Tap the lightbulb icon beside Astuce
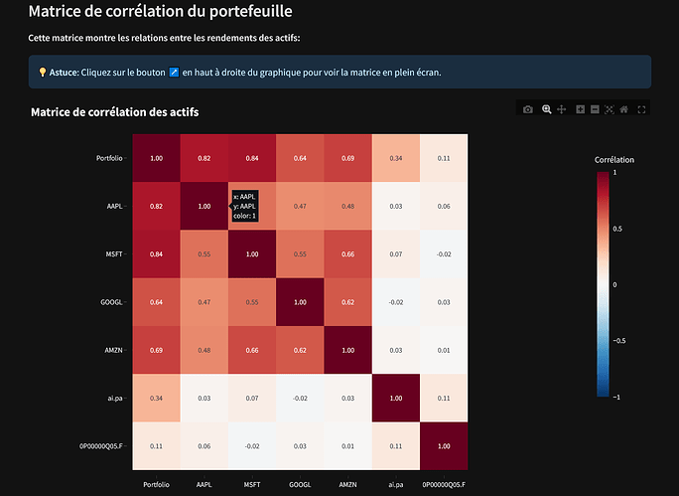[x=42, y=73]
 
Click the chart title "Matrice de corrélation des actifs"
[x=114, y=112]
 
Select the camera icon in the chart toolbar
[x=528, y=109]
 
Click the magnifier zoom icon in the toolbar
[x=546, y=109]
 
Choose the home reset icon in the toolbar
[x=623, y=109]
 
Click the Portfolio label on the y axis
[x=110, y=158]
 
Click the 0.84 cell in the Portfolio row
[x=252, y=158]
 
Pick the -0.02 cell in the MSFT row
[x=444, y=254]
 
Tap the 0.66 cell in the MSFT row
[x=348, y=254]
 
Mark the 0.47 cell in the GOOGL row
[x=204, y=302]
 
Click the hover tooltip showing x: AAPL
[x=244, y=206]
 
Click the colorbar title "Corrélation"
[x=613, y=159]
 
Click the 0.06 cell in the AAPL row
[x=444, y=206]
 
